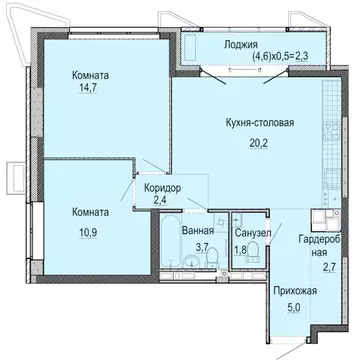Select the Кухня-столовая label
click(258, 123)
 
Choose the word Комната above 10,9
click(96, 211)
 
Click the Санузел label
click(252, 232)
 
